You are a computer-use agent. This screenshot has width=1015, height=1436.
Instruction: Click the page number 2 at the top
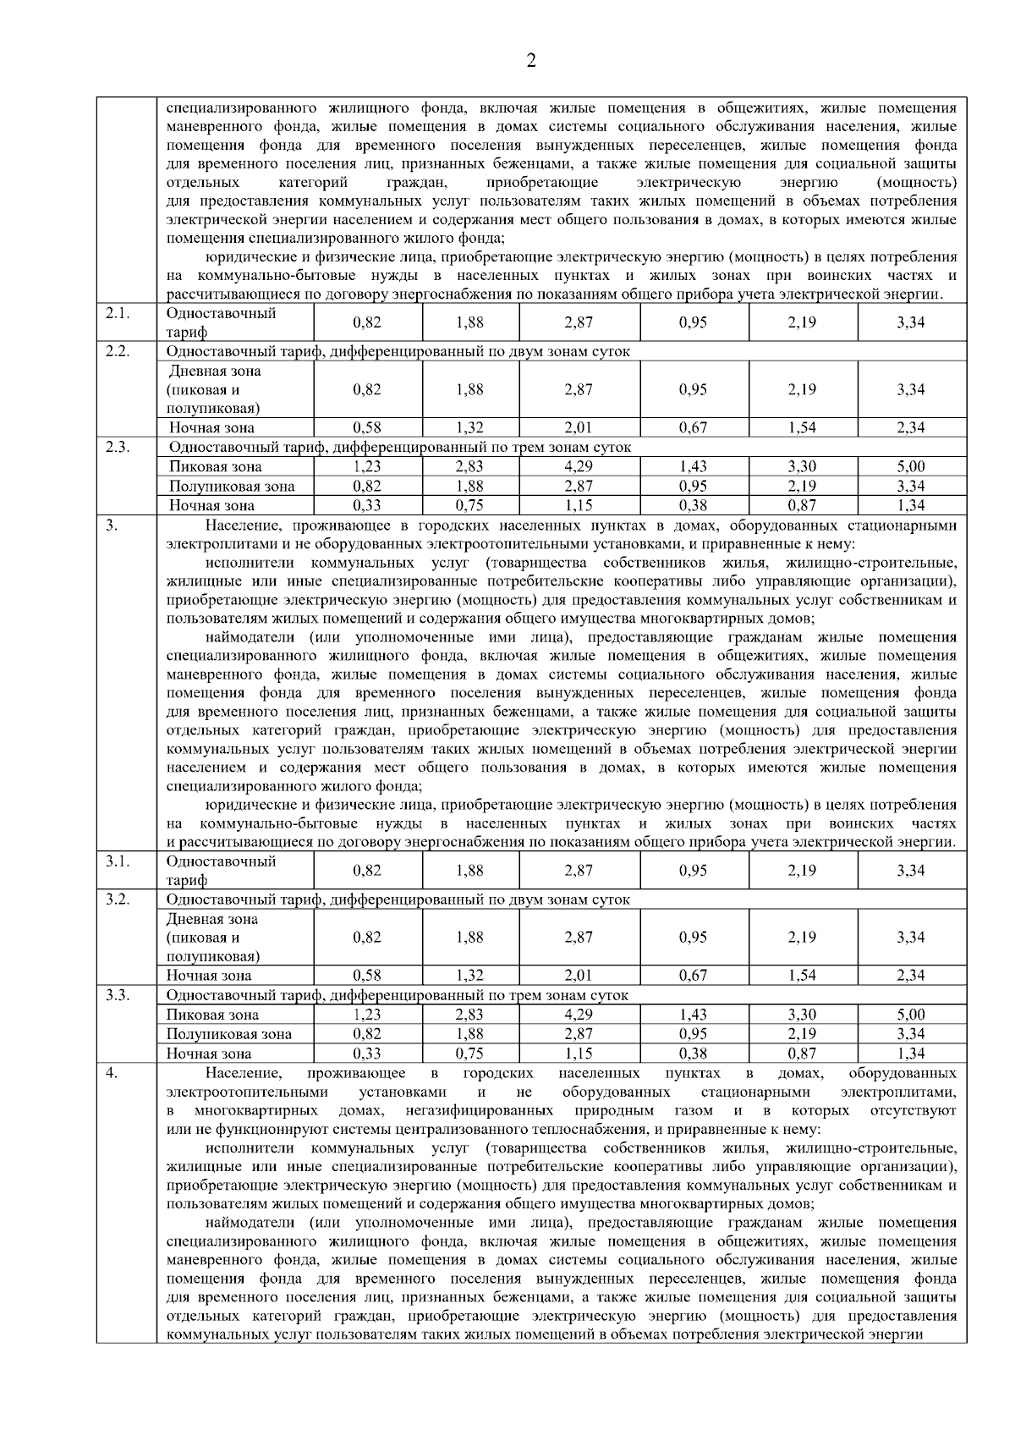pyautogui.click(x=531, y=60)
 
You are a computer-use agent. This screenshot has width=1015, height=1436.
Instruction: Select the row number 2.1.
pyautogui.click(x=117, y=313)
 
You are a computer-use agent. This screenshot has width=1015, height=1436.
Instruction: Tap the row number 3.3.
pyautogui.click(x=117, y=994)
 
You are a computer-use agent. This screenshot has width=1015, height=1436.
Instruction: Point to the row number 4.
pyautogui.click(x=111, y=1072)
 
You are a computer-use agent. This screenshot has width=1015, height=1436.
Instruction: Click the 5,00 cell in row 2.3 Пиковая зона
pyautogui.click(x=911, y=466)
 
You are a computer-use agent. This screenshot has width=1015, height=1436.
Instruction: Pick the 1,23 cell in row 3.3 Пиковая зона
pyautogui.click(x=367, y=1014)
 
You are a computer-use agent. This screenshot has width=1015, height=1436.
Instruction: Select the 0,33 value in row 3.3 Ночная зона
pyautogui.click(x=367, y=1054)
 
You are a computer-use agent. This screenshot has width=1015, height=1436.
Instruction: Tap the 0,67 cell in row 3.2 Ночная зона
pyautogui.click(x=694, y=975)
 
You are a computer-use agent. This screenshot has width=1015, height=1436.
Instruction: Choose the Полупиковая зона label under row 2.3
pyautogui.click(x=232, y=486)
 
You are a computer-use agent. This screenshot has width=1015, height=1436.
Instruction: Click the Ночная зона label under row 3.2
pyautogui.click(x=209, y=975)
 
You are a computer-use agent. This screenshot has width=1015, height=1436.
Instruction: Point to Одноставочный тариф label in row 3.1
pyautogui.click(x=221, y=870)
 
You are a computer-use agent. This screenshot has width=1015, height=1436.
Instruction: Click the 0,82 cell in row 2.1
pyautogui.click(x=367, y=322)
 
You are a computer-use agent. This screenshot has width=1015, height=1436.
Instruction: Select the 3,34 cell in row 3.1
pyautogui.click(x=911, y=870)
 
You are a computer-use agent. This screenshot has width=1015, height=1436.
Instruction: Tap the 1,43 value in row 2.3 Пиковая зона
pyautogui.click(x=694, y=466)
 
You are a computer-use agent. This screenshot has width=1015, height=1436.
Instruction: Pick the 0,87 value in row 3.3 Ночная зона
pyautogui.click(x=802, y=1054)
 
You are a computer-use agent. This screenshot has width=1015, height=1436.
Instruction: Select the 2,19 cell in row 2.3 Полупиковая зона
pyautogui.click(x=802, y=486)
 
